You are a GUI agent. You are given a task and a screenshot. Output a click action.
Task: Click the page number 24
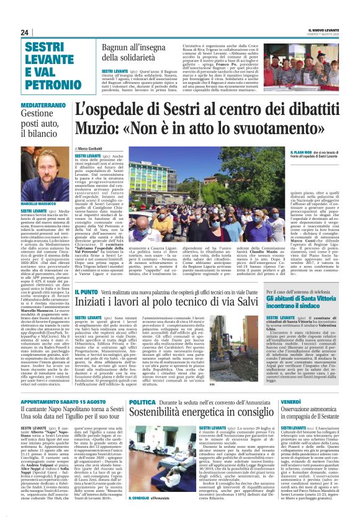(x=24, y=32)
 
